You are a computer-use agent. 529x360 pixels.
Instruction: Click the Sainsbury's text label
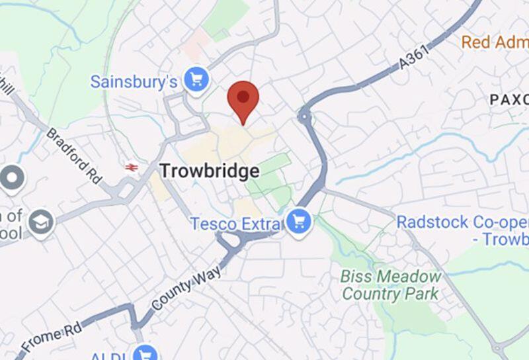(x=134, y=82)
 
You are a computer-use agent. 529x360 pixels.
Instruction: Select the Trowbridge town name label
(x=209, y=172)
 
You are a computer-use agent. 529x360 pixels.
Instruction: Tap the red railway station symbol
(x=132, y=167)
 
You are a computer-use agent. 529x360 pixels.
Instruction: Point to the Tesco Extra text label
(x=235, y=224)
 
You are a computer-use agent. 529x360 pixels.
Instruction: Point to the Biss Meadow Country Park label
(x=390, y=285)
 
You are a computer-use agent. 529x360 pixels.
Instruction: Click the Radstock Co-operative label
(x=463, y=230)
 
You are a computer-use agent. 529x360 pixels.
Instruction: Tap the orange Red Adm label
(x=495, y=42)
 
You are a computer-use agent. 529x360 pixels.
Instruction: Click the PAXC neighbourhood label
(x=509, y=99)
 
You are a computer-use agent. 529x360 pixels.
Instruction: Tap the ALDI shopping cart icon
(x=144, y=353)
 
